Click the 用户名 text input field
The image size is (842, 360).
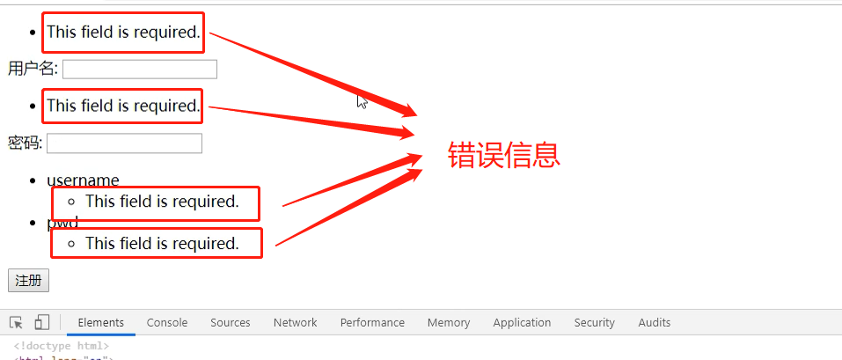point(139,69)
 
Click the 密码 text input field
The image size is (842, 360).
point(124,143)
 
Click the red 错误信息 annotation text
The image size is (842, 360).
point(504,156)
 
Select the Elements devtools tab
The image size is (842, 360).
point(101,323)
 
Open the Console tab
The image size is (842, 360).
point(167,323)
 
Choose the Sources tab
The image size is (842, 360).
point(231,323)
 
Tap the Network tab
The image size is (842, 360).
point(295,323)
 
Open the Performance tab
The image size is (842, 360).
point(372,323)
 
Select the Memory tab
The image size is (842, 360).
point(449,323)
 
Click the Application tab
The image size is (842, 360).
point(522,323)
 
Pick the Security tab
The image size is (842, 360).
point(594,323)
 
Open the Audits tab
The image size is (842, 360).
point(655,323)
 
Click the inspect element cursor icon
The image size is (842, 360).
point(17,323)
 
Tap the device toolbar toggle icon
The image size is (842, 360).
point(42,323)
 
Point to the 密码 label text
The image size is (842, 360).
point(25,143)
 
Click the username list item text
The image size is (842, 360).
point(83,180)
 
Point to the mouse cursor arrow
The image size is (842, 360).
point(362,100)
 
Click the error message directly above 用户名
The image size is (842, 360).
point(123,32)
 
